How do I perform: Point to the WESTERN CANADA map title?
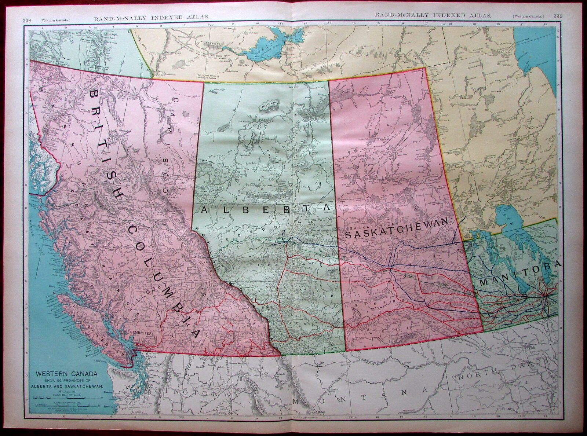pos(61,374)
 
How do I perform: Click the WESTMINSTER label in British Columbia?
pos(144,333)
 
